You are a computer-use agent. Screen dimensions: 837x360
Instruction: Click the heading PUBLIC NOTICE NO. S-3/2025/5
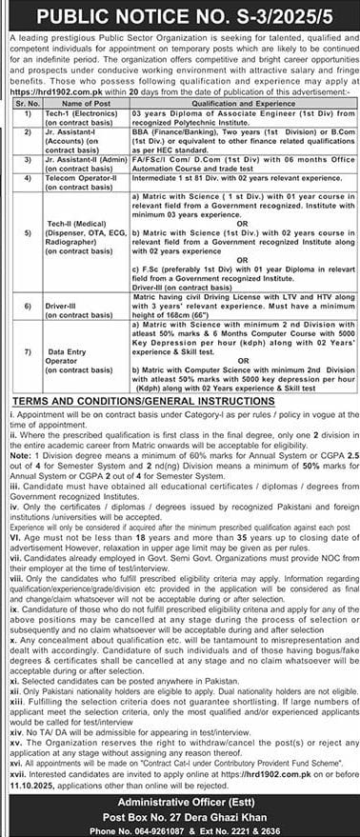179,15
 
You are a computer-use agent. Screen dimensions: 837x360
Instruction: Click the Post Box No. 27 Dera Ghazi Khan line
179,817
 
